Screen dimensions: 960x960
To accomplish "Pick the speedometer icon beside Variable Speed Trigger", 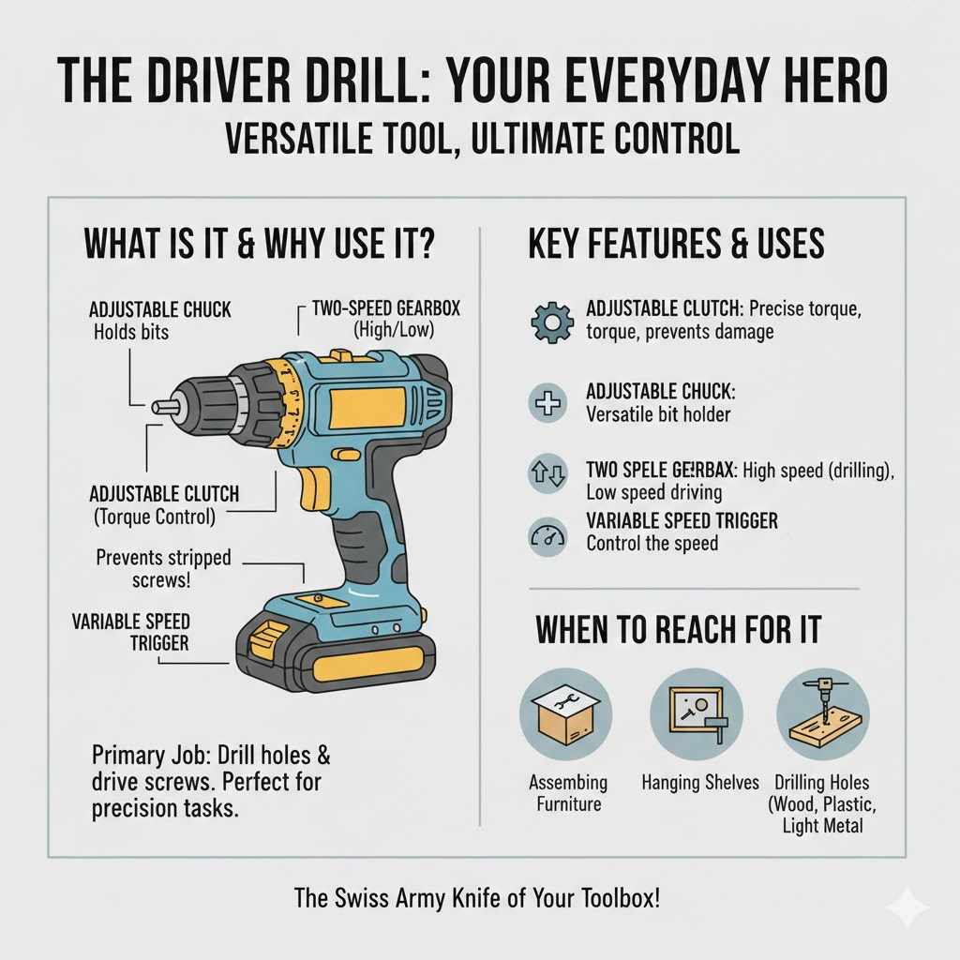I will click(x=547, y=537).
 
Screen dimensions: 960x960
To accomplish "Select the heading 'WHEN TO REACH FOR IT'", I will click(x=678, y=630).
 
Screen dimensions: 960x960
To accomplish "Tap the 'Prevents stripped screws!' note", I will click(x=163, y=569).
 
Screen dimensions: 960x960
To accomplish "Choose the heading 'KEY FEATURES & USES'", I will click(x=676, y=245).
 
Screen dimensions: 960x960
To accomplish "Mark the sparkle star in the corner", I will click(x=907, y=906).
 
